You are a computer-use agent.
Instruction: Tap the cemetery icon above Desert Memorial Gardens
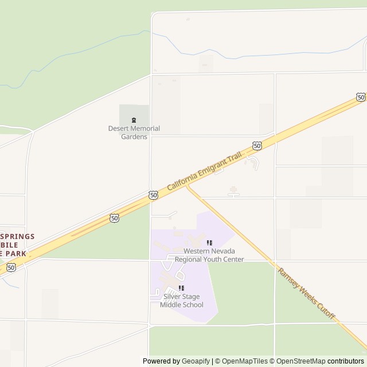(x=134, y=120)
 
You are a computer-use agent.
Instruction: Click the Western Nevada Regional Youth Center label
(x=213, y=255)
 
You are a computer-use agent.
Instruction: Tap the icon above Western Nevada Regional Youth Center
(x=209, y=243)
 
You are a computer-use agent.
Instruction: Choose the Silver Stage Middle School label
(x=181, y=300)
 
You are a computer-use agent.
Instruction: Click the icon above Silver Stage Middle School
(x=181, y=288)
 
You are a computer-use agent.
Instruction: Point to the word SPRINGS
(x=17, y=236)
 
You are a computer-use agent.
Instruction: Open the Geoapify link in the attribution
(x=196, y=361)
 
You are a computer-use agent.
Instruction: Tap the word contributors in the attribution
(x=346, y=361)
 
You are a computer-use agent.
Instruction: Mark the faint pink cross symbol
(x=233, y=190)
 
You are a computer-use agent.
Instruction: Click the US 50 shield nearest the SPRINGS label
(x=11, y=268)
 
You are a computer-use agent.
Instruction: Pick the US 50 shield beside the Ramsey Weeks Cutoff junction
(x=153, y=196)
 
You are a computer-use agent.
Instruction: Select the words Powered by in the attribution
(x=161, y=361)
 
